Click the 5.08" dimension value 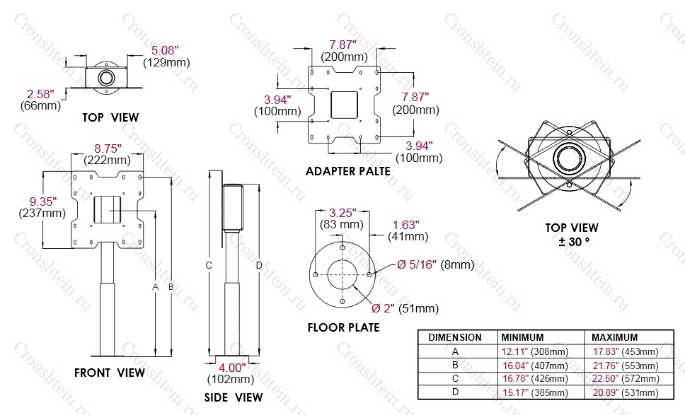click(165, 50)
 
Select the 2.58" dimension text click(40, 94)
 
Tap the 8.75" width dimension click(108, 148)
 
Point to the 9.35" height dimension click(42, 201)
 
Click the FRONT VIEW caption click(110, 373)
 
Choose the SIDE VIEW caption click(234, 397)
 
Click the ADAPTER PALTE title click(348, 172)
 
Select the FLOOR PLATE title click(344, 327)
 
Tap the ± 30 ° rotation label click(574, 241)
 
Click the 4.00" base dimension click(232, 368)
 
